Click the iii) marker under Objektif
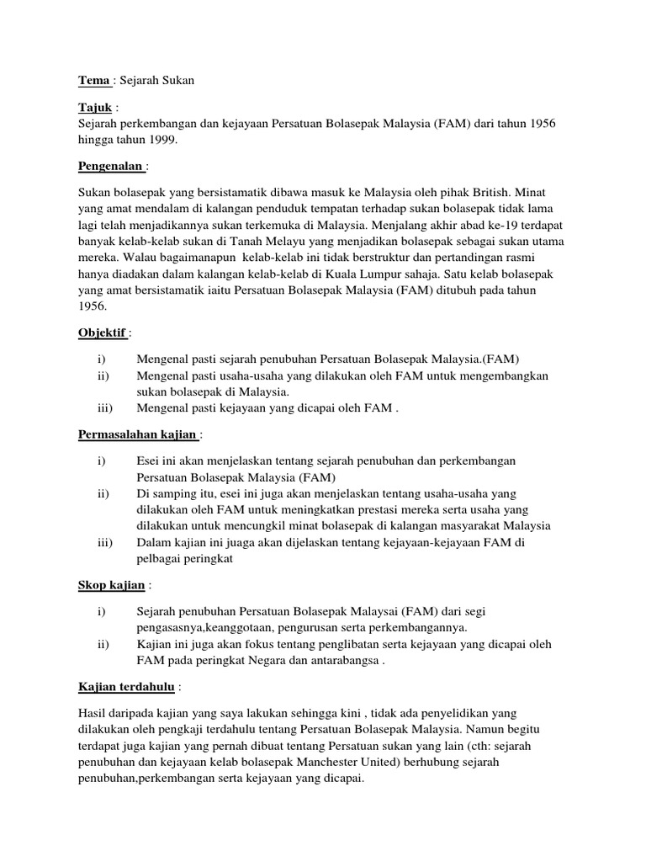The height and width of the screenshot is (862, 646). pos(106,409)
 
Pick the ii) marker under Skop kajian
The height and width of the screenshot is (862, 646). pos(104,645)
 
